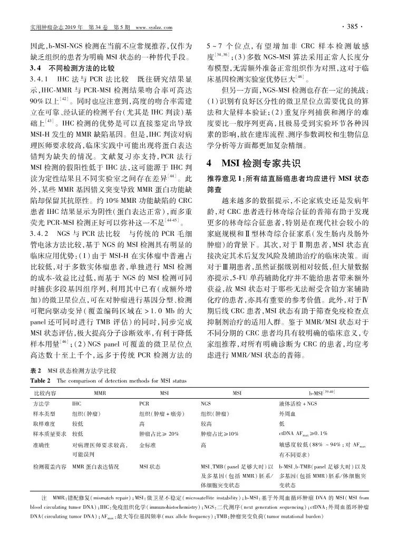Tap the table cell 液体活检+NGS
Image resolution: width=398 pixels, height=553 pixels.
(x=298, y=403)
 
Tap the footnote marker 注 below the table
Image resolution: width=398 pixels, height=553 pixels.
(x=44, y=498)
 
